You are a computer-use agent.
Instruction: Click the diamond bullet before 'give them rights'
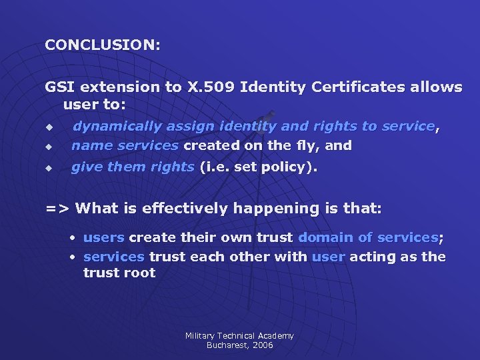[48, 168]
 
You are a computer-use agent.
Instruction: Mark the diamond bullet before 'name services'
[48, 146]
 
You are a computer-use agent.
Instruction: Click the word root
[140, 273]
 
